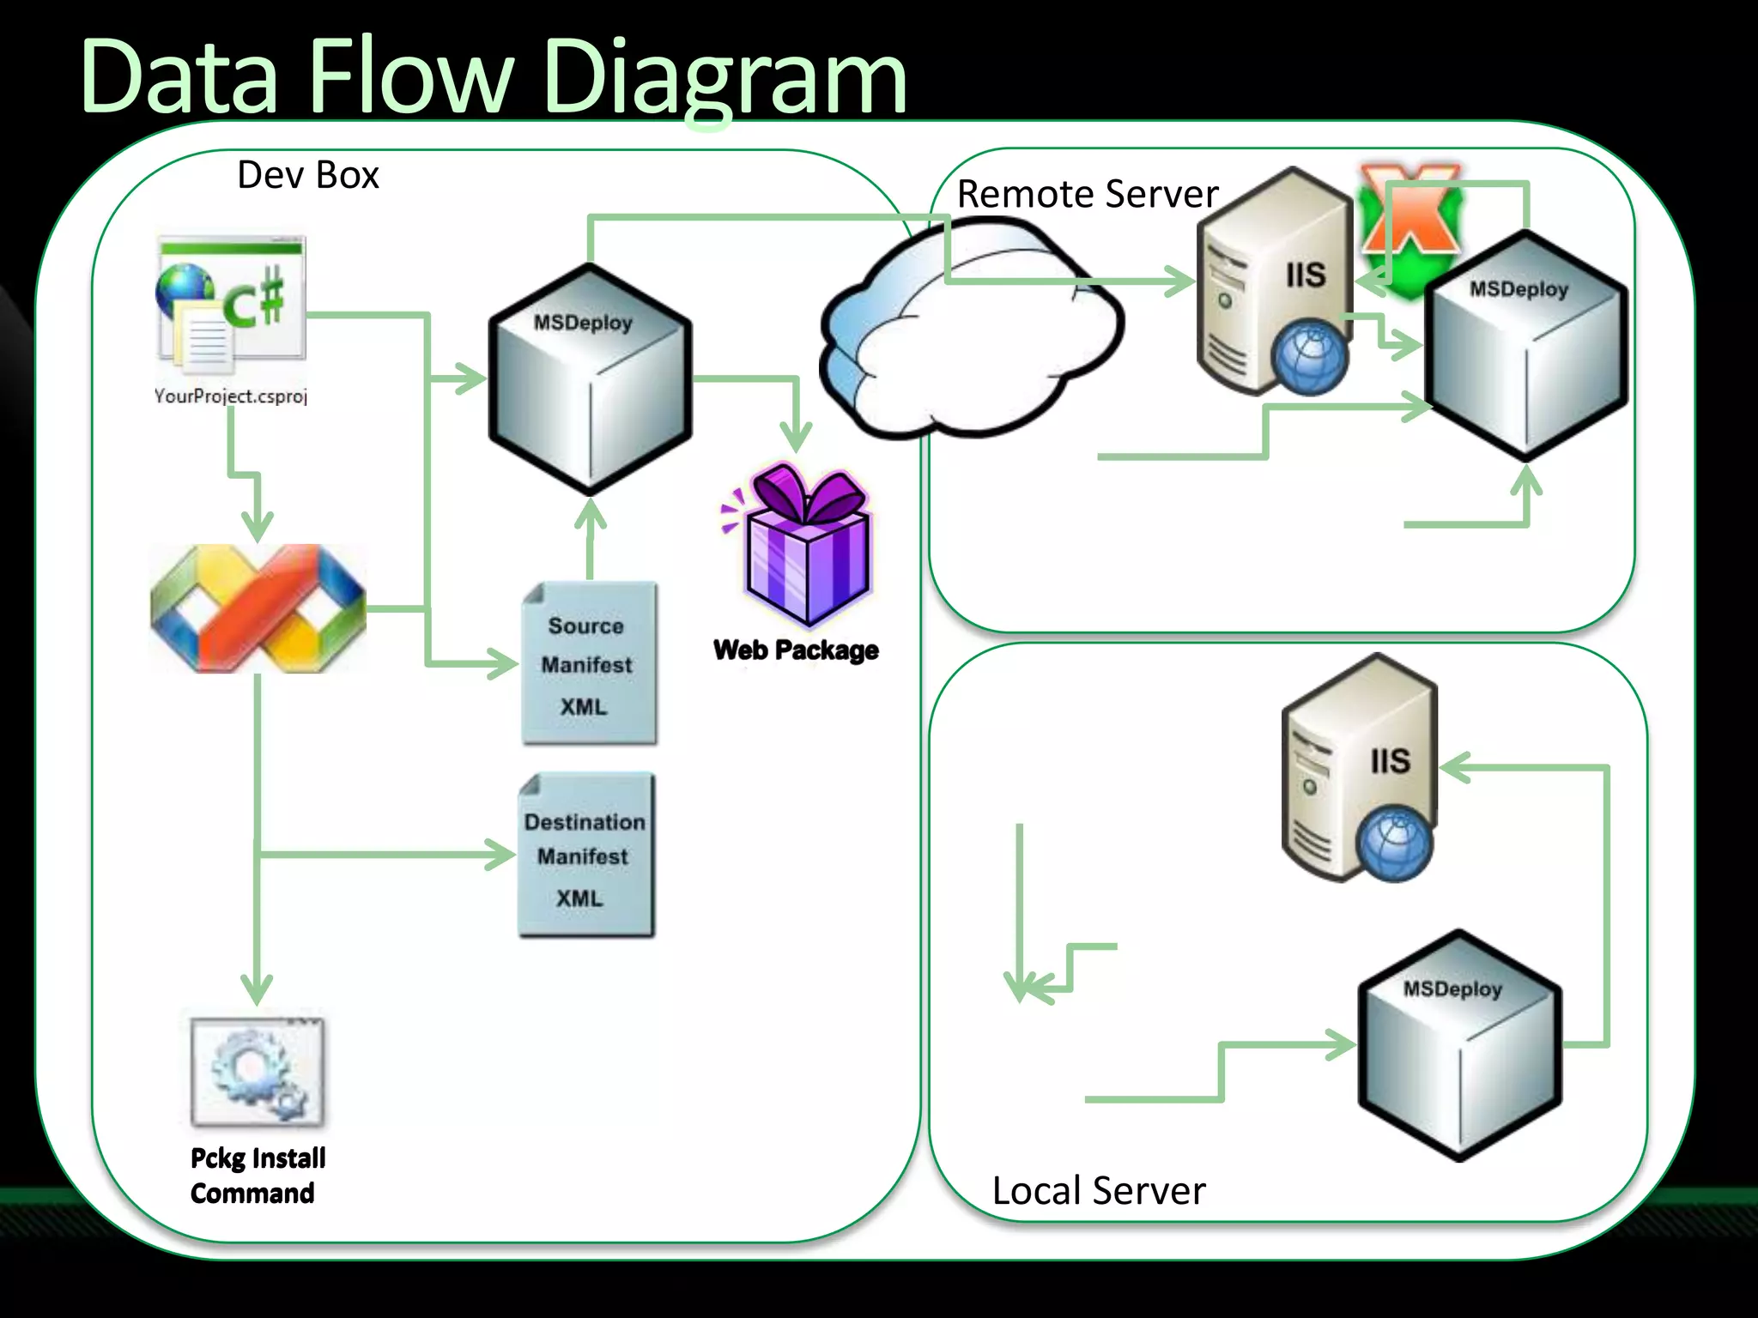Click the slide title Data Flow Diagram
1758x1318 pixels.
(494, 79)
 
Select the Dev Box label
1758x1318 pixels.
(307, 175)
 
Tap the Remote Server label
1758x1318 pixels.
(1087, 194)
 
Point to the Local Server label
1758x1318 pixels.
(1098, 1191)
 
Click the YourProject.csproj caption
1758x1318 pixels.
(230, 396)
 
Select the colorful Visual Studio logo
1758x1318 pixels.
(258, 608)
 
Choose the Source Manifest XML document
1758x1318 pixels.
(589, 663)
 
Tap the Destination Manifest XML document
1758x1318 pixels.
(585, 855)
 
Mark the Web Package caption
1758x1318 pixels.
(796, 650)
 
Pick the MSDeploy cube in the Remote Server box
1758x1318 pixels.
(1525, 348)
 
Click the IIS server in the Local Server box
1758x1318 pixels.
(1359, 768)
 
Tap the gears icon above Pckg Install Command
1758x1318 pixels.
(258, 1071)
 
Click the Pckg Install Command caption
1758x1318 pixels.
(257, 1176)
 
